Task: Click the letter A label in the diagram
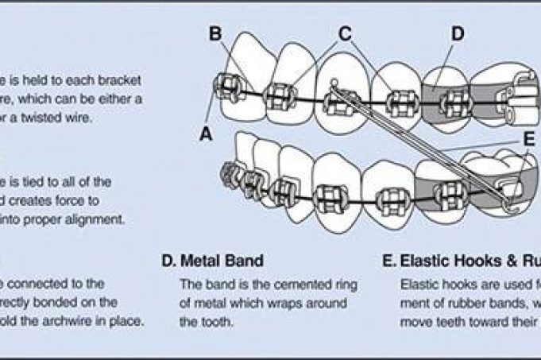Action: coord(206,134)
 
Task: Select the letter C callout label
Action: coord(344,33)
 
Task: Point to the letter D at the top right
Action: coord(458,33)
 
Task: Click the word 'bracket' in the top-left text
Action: coord(104,79)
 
